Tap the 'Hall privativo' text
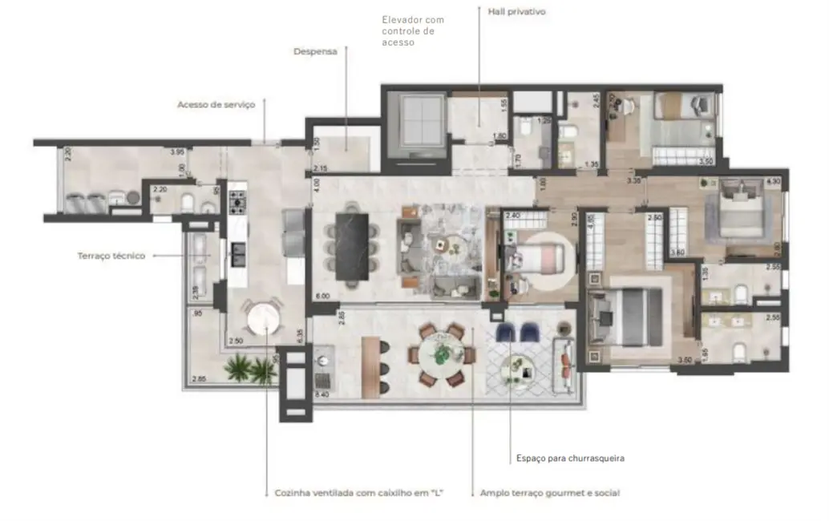coord(516,12)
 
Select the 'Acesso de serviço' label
coord(216,104)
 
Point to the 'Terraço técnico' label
coord(111,256)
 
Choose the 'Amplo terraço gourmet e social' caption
coord(549,493)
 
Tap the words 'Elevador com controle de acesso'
coord(413,30)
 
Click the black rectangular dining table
coord(351,245)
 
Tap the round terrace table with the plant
coord(439,353)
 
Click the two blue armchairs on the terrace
coord(520,332)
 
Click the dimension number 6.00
coord(322,296)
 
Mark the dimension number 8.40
coord(322,394)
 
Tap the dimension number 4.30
coord(773,181)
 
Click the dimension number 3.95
coord(177,150)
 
